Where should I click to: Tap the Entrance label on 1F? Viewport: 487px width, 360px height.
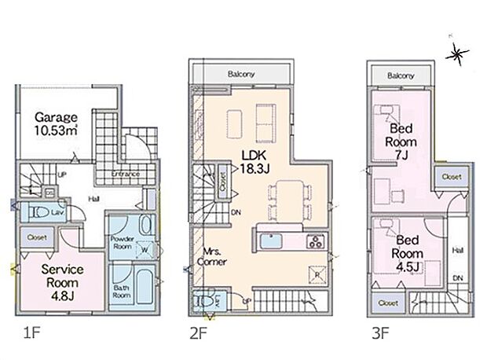(125, 173)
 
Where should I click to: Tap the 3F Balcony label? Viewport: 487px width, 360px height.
(401, 75)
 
